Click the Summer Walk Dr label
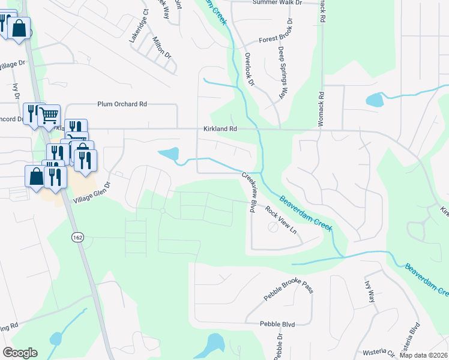pos(276,2)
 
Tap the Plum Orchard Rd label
pos(122,104)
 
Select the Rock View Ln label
pos(281,221)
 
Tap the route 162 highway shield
pos(77,237)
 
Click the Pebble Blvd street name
pos(277,324)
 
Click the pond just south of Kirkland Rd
pos(169,155)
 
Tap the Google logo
pos(20,353)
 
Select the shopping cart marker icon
pos(50,115)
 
